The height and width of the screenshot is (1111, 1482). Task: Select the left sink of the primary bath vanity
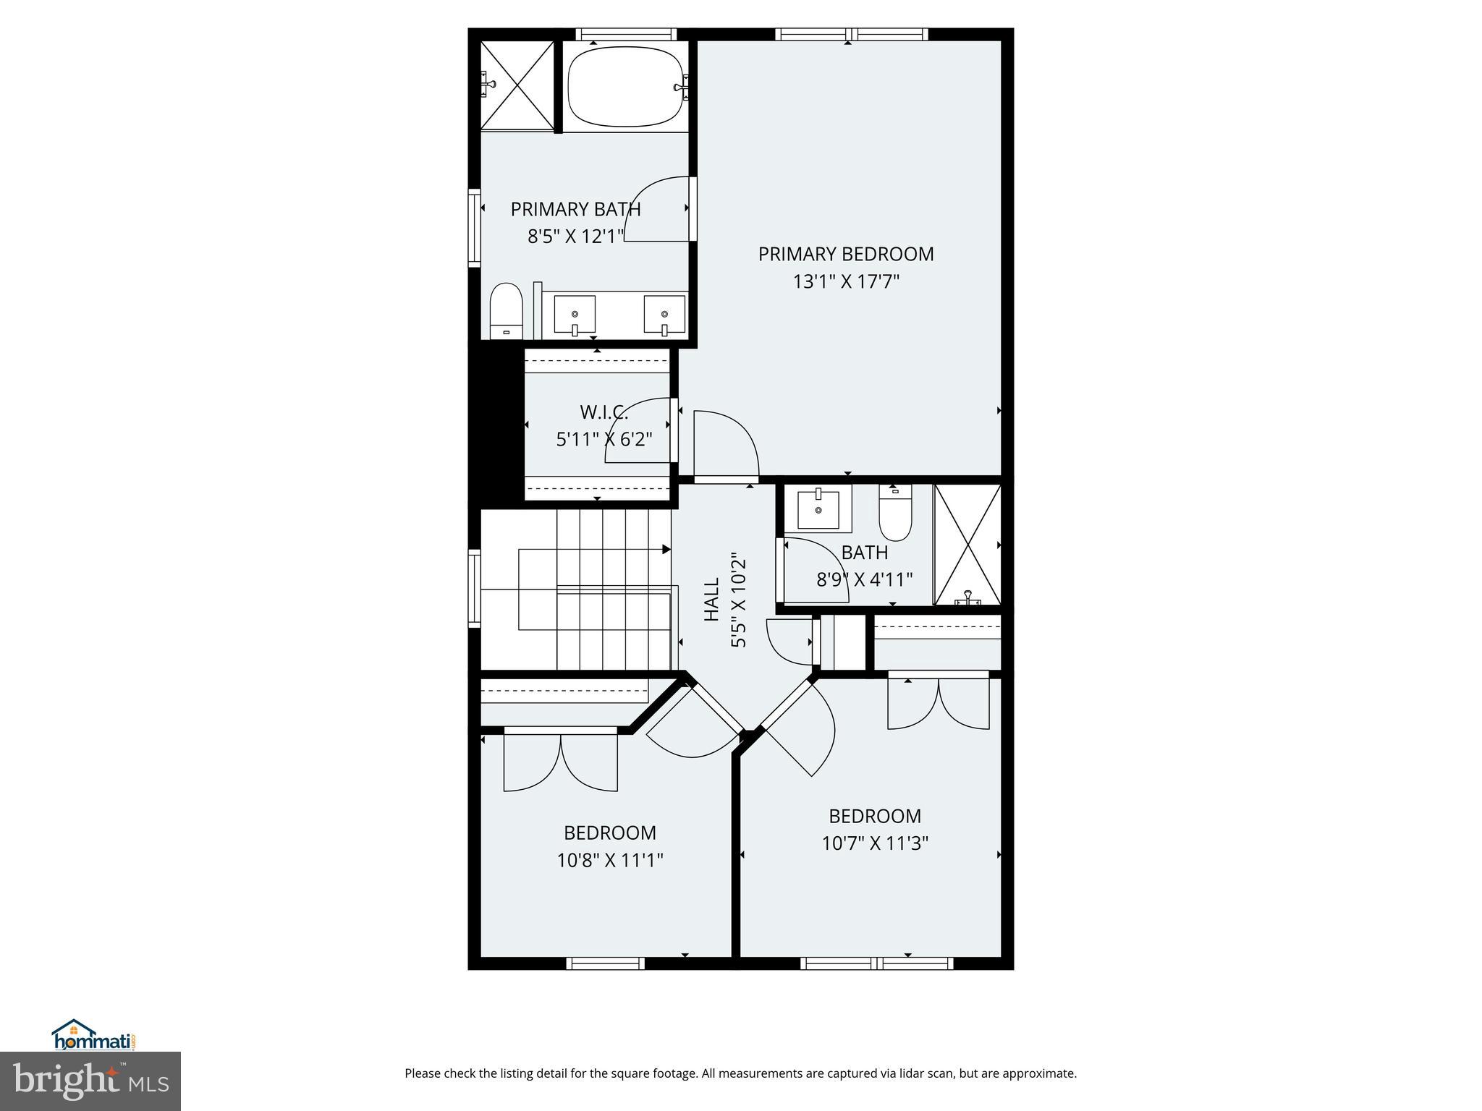575,315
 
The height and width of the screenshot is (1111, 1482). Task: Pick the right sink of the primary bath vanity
664,315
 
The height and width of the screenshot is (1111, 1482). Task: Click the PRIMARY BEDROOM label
845,255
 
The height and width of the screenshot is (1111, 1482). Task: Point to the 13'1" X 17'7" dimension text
845,281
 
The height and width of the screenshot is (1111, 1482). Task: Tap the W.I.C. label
604,413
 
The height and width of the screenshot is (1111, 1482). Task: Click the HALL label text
712,599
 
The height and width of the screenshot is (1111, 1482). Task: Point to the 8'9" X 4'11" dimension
864,579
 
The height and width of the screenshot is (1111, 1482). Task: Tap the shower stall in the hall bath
967,544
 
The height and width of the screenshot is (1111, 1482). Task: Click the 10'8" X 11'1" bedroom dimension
609,860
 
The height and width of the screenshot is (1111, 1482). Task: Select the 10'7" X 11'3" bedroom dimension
874,843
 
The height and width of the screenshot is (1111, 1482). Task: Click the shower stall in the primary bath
517,85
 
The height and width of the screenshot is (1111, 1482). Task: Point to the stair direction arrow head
666,550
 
